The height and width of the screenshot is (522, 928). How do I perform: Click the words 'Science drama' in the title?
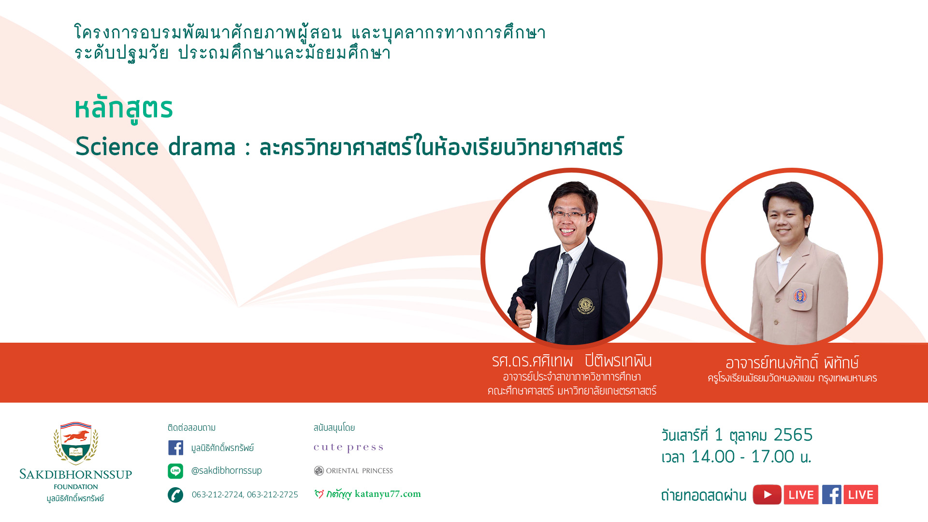click(156, 146)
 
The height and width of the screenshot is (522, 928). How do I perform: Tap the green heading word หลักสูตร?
click(124, 109)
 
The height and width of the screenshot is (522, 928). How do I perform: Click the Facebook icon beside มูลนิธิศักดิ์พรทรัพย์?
click(175, 448)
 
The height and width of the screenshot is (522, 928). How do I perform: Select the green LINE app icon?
click(175, 471)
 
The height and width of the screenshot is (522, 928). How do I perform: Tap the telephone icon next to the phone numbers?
click(175, 494)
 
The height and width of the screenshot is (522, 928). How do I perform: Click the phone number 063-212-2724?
click(217, 494)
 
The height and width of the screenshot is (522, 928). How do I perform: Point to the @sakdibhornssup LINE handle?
click(227, 471)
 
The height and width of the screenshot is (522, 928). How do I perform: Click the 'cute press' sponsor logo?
click(348, 448)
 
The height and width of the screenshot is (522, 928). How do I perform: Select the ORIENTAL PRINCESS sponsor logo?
click(353, 471)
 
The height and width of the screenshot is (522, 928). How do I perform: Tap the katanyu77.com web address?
click(388, 494)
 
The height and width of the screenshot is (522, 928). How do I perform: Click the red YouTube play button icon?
click(767, 494)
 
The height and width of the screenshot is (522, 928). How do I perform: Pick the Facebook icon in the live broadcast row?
click(832, 494)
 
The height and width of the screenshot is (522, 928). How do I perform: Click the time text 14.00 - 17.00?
click(743, 457)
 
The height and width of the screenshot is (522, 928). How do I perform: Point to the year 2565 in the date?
click(793, 435)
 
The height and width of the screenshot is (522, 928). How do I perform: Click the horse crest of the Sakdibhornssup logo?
click(76, 443)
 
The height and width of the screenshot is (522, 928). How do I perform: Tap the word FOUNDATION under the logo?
click(76, 487)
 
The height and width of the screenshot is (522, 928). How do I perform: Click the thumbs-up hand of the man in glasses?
click(523, 312)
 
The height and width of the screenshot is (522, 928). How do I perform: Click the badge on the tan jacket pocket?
click(800, 296)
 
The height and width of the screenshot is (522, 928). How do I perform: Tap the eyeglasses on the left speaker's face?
click(571, 215)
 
